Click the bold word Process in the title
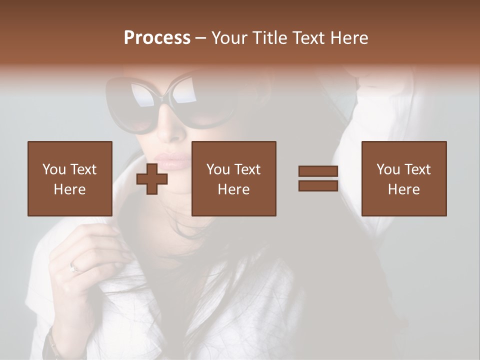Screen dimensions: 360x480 [x=157, y=38]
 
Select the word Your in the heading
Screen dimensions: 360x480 [x=229, y=38]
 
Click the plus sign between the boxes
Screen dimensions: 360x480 [x=152, y=178]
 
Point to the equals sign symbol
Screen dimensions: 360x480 [x=318, y=178]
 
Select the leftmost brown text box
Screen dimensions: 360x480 [x=70, y=178]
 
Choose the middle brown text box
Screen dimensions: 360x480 [x=234, y=178]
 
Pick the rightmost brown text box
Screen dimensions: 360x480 [x=404, y=178]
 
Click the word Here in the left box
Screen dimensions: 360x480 [x=70, y=189]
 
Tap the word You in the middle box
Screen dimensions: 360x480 [x=218, y=169]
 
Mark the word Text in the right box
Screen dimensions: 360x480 [x=418, y=169]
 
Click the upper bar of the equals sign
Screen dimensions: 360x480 [x=318, y=171]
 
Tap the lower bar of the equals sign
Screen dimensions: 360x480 [x=318, y=185]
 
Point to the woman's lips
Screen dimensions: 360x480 [x=172, y=161]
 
